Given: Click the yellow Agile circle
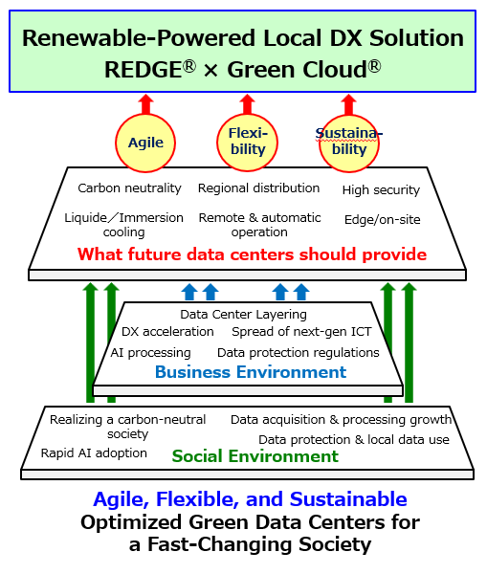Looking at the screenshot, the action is click(x=145, y=143).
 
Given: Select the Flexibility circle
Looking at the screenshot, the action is click(x=247, y=142).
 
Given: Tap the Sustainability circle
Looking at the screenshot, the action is click(x=349, y=143).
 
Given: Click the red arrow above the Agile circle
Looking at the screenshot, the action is click(x=145, y=104).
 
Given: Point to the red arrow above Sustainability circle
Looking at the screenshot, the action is click(x=348, y=104).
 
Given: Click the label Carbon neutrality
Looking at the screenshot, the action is click(x=129, y=188).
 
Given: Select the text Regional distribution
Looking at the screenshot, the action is click(x=259, y=188).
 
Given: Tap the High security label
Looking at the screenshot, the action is click(x=381, y=190).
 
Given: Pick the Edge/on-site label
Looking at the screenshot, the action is click(x=383, y=220).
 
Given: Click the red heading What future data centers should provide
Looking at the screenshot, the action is click(x=252, y=254).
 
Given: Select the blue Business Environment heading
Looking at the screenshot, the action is click(x=251, y=372).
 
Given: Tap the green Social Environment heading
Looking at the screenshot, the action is click(x=255, y=456).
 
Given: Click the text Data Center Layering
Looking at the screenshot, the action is click(x=243, y=315).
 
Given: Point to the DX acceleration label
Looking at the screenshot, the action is click(x=167, y=332).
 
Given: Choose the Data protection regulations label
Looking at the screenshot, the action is click(x=299, y=352).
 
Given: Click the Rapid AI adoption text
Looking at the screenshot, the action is click(x=94, y=453).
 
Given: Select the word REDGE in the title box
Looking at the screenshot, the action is click(x=144, y=70).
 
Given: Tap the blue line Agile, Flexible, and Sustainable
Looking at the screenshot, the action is click(x=250, y=499).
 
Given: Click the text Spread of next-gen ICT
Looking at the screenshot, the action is click(x=301, y=332).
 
